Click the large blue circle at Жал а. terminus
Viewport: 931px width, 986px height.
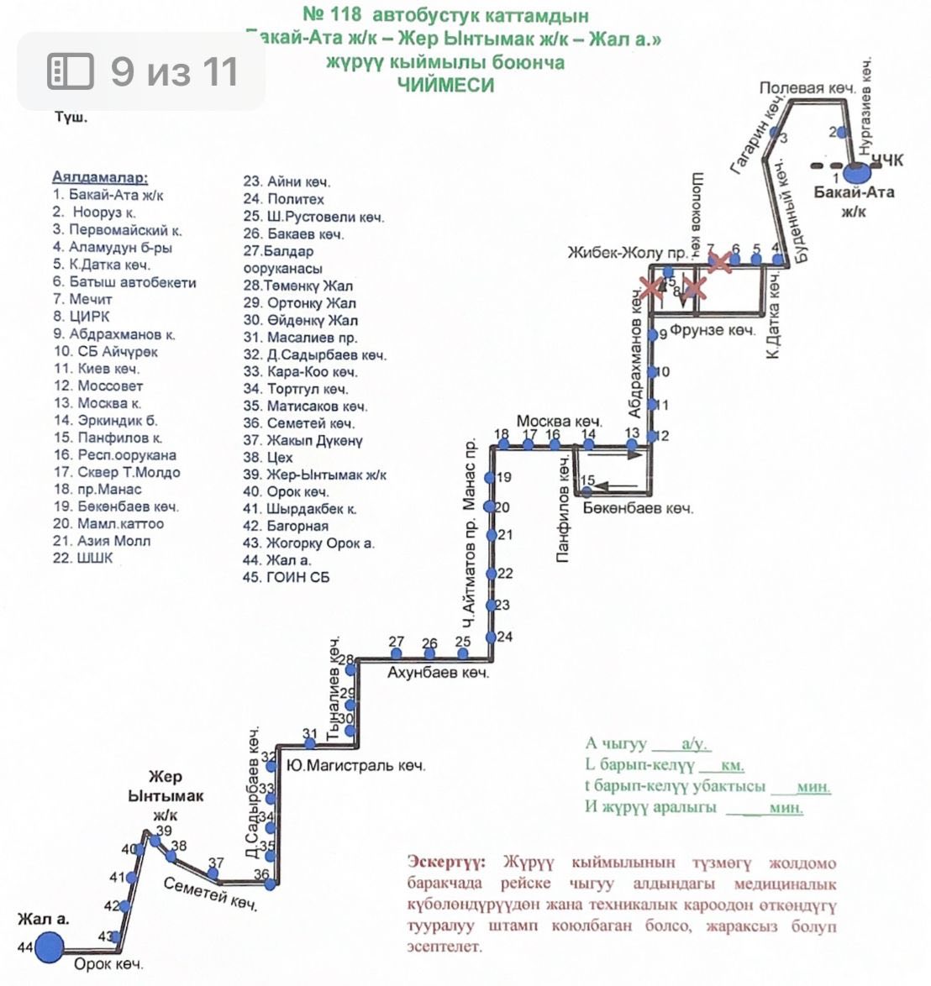tap(48, 947)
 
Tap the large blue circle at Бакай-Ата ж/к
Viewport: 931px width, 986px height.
tap(856, 174)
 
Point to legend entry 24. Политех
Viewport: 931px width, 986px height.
tap(284, 199)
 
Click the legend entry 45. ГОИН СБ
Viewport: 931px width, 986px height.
tap(287, 577)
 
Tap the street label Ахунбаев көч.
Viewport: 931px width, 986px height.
tap(438, 673)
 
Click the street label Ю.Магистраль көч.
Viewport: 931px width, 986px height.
tap(355, 766)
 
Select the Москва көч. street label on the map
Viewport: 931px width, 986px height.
tap(559, 421)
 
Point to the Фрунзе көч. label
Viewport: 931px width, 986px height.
tap(713, 330)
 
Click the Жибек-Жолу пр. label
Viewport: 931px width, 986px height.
tap(628, 253)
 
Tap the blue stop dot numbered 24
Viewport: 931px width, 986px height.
tap(492, 637)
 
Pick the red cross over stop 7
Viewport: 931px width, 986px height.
tap(718, 262)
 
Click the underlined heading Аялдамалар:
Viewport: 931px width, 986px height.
tap(100, 177)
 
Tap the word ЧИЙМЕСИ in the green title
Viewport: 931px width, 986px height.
tap(445, 85)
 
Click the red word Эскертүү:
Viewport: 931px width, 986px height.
tap(445, 863)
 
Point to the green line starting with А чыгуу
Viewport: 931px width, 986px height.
tap(647, 744)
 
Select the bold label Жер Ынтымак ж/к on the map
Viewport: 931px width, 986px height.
tap(166, 796)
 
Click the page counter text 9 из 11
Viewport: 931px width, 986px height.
tap(174, 71)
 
